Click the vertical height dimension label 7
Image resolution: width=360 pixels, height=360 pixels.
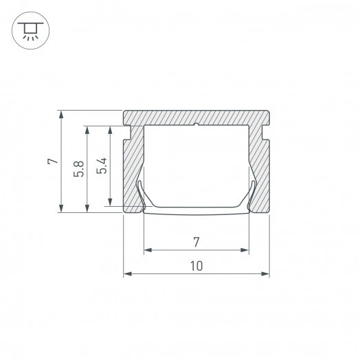coord(50,162)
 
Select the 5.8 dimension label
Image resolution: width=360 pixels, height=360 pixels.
coord(80,168)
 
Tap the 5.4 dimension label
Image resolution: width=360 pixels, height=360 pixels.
coord(101,166)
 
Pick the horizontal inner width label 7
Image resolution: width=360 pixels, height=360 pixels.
coord(196,242)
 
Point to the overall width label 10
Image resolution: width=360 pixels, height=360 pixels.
coord(196,266)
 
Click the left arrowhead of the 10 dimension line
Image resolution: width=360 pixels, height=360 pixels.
coord(126,275)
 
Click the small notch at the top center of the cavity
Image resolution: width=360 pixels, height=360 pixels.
coord(196,125)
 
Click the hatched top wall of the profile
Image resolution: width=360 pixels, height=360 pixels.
coord(196,117)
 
